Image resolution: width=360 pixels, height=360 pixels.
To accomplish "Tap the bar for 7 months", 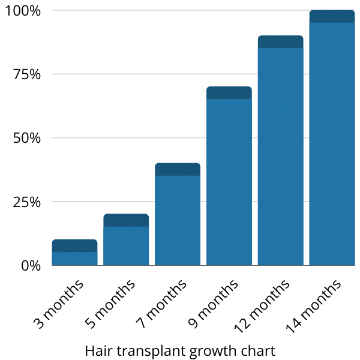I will tap(178, 220).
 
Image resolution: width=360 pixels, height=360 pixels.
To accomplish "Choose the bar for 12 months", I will tap(281, 156).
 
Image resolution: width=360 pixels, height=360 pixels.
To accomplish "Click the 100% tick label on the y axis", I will tap(22, 11).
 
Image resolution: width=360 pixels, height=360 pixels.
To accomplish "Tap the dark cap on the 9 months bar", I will tap(229, 92).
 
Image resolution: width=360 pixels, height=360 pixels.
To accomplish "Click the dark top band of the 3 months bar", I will tap(74, 245).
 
